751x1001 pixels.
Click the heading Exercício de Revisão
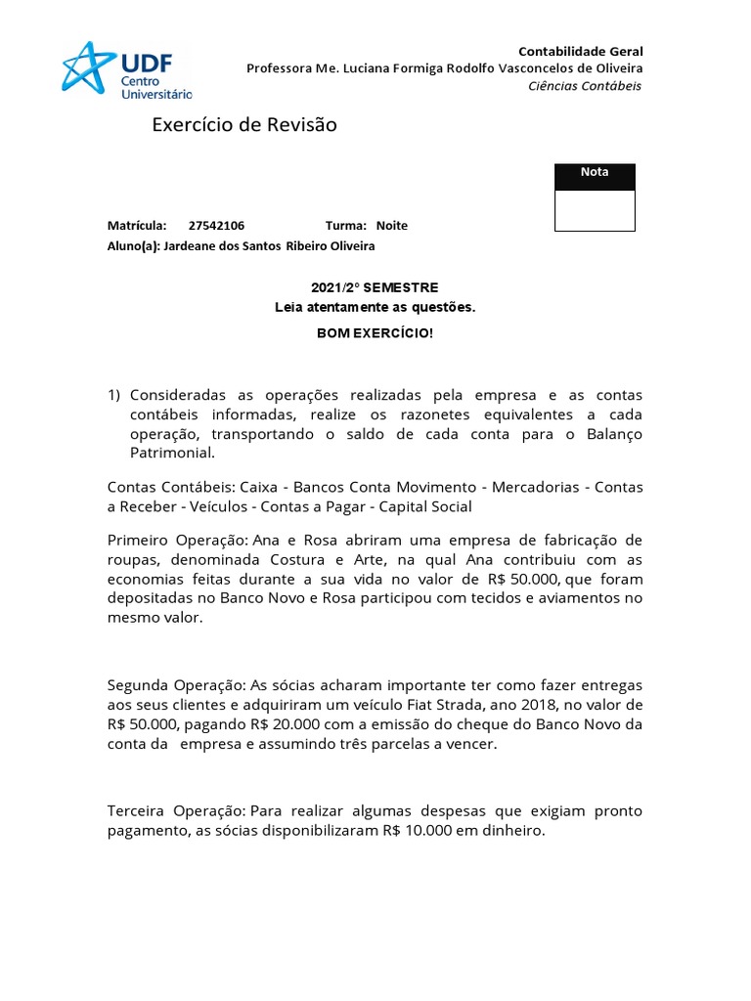tap(244, 125)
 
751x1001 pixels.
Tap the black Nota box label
tap(595, 173)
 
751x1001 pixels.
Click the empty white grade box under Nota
tap(595, 210)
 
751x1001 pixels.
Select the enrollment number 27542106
tap(216, 226)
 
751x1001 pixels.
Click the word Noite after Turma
tap(392, 226)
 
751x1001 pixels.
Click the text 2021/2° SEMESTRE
tap(375, 287)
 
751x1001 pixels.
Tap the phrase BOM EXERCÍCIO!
tap(375, 333)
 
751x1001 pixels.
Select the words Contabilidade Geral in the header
tap(580, 51)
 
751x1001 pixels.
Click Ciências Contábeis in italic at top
tap(585, 86)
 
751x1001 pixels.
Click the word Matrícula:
tap(137, 226)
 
